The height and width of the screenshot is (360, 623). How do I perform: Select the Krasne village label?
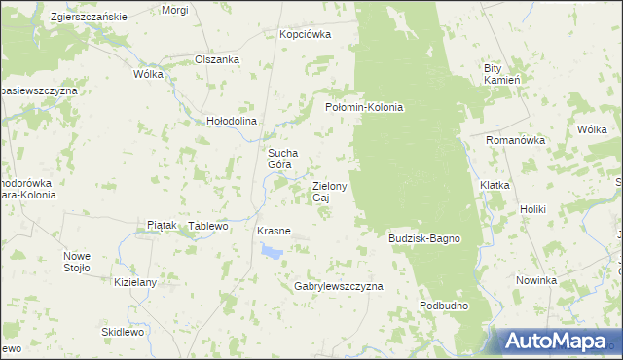coord(274,231)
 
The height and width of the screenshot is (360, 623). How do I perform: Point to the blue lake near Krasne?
coord(271,252)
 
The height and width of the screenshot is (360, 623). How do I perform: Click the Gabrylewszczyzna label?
coord(339,287)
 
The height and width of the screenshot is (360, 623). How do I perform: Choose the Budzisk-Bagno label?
coord(423,238)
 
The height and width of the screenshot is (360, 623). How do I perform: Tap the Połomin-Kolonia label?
coord(363,107)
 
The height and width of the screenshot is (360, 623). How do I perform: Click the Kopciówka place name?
coord(305,34)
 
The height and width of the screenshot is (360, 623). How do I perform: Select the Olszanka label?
coord(217,58)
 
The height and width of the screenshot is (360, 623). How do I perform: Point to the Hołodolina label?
coord(231,122)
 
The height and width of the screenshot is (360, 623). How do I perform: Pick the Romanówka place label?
coord(516,140)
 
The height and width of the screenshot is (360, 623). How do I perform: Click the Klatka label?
coord(495,184)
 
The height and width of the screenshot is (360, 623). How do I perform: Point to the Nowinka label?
coord(536,280)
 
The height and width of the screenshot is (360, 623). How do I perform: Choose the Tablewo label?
coord(207,226)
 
